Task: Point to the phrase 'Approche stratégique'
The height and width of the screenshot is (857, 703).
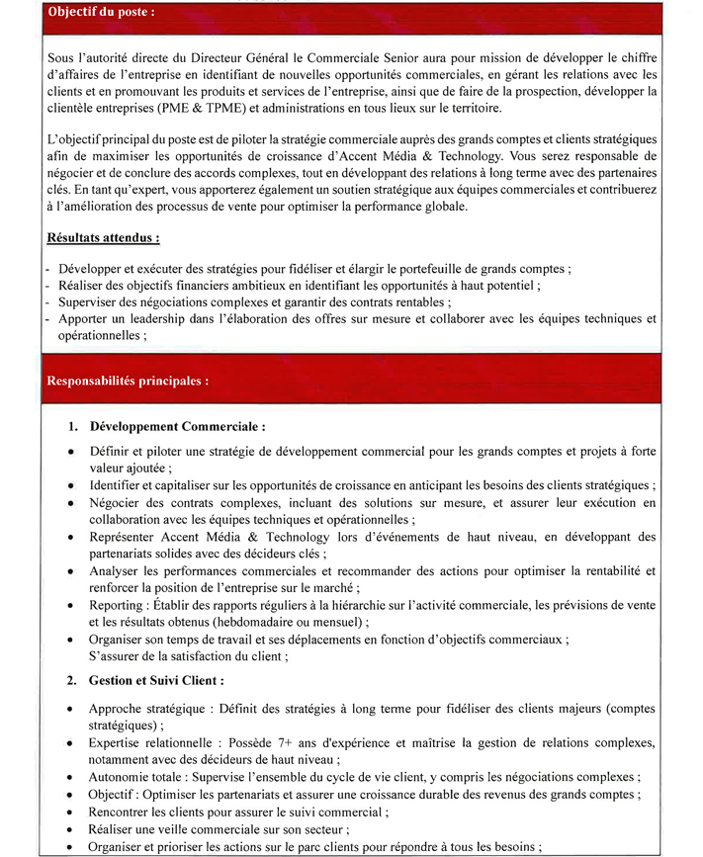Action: point(145,709)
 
